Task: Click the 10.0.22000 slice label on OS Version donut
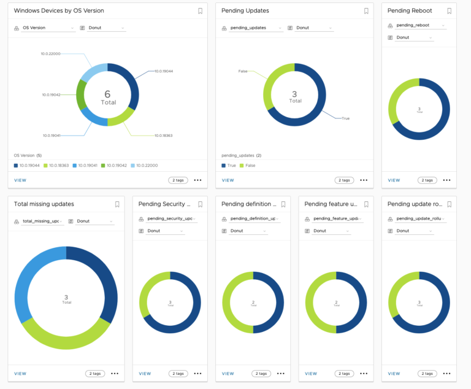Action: (51, 53)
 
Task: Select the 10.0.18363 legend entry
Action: (59, 165)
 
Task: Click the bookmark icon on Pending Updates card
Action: (366, 11)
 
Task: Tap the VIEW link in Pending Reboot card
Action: (394, 180)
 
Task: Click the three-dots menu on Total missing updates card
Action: (115, 373)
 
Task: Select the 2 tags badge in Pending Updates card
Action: (344, 180)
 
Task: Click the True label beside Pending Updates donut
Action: (345, 118)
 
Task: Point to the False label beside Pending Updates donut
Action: (243, 72)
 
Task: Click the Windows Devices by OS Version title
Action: (59, 11)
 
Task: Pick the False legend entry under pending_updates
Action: (248, 165)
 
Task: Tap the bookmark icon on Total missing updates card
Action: (117, 204)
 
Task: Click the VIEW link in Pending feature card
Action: (311, 373)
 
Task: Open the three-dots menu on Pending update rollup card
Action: (446, 373)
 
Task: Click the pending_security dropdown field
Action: (167, 218)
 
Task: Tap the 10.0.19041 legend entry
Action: (86, 165)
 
